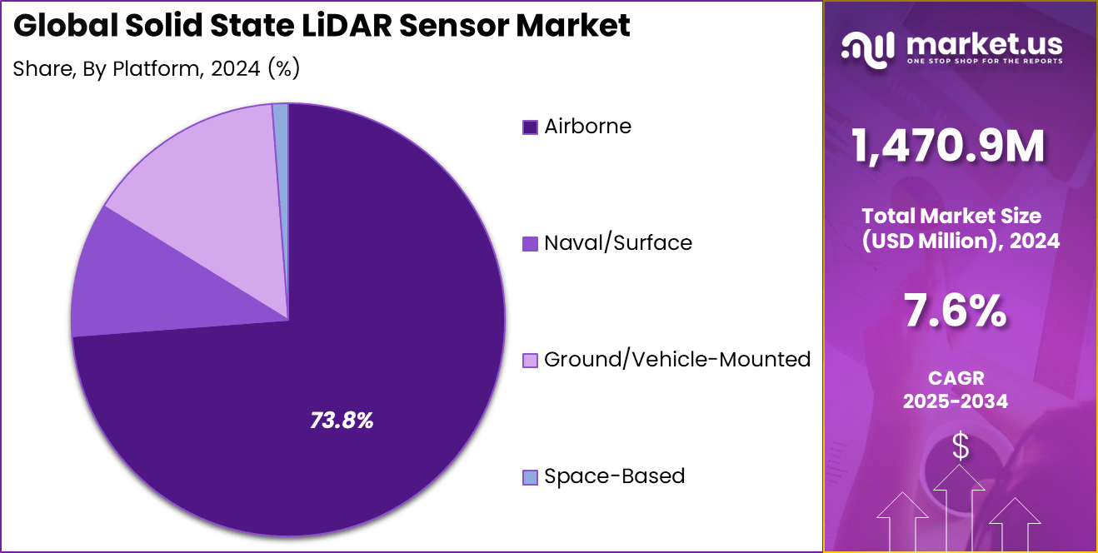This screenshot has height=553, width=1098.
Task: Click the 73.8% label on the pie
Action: pyautogui.click(x=342, y=421)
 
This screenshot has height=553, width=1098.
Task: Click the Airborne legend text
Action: pyautogui.click(x=587, y=127)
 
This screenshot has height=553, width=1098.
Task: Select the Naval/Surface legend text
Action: pyautogui.click(x=617, y=243)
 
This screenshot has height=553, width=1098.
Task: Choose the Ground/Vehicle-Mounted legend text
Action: pyautogui.click(x=676, y=360)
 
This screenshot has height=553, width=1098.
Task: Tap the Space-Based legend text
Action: pyautogui.click(x=614, y=476)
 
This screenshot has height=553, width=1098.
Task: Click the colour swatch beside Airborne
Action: pyautogui.click(x=530, y=127)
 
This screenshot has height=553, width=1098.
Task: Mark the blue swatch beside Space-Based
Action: pyautogui.click(x=530, y=477)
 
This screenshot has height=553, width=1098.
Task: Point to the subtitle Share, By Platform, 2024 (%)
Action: pyautogui.click(x=156, y=68)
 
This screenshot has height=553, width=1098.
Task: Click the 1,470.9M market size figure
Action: pyautogui.click(x=948, y=147)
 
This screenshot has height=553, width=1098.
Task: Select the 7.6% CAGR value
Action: pyautogui.click(x=956, y=312)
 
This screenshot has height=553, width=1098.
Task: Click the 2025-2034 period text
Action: pyautogui.click(x=955, y=401)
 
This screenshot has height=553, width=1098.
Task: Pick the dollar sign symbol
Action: pyautogui.click(x=961, y=447)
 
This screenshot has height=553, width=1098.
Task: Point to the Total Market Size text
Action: pyautogui.click(x=951, y=216)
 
